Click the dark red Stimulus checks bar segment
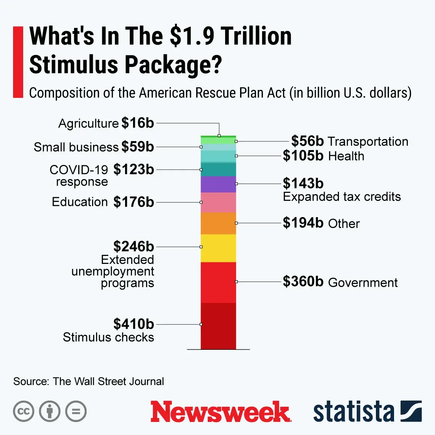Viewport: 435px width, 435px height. click(x=218, y=326)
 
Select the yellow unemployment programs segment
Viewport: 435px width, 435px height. click(x=218, y=248)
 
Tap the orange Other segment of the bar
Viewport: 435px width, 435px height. click(x=218, y=223)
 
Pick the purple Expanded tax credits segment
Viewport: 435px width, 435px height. click(x=218, y=184)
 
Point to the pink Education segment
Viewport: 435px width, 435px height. click(x=218, y=202)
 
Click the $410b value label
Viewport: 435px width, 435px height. click(x=133, y=324)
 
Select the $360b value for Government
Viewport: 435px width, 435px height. click(x=303, y=282)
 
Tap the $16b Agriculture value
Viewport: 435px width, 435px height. click(x=137, y=123)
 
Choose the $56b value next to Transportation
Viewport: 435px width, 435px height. click(x=307, y=141)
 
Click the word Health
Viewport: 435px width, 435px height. click(x=346, y=156)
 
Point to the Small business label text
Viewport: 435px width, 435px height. click(x=76, y=147)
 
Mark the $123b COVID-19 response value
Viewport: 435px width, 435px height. click(x=133, y=169)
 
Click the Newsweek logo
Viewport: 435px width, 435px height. click(x=220, y=412)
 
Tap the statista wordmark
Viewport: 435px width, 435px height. click(x=353, y=412)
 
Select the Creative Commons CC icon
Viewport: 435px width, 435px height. click(x=24, y=411)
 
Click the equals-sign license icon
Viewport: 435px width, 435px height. click(x=76, y=411)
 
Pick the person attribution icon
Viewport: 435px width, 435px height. click(x=50, y=411)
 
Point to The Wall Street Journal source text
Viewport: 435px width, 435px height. click(x=108, y=381)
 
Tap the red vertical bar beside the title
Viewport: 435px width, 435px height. click(x=18, y=62)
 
